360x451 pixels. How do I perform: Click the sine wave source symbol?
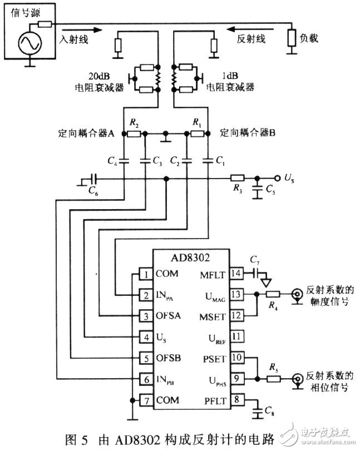pos(29,43)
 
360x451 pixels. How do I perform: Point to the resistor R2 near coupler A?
pos(134,133)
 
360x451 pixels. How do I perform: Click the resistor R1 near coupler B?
pos(196,133)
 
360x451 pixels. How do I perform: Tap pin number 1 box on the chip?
pos(145,275)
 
